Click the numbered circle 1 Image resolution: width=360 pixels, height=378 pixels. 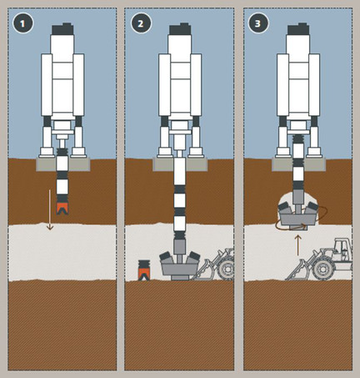pos(22,23)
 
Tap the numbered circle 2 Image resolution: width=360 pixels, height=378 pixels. pos(141,23)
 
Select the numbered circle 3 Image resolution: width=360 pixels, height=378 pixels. pos(258,23)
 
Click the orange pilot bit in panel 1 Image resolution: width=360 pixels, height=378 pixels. pos(62,209)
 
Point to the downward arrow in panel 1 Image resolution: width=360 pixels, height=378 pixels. pos(49,209)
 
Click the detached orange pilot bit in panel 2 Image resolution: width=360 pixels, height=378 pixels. pos(144,274)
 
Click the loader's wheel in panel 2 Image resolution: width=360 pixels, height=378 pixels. pos(227,270)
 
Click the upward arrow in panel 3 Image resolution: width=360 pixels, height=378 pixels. pos(297,245)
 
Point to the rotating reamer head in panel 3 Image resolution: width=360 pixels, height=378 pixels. pos(298,215)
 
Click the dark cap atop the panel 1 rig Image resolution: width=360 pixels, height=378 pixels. pos(62,29)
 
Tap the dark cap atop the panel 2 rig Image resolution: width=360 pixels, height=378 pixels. pos(180,29)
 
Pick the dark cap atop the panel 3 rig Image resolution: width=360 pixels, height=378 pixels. pos(298,29)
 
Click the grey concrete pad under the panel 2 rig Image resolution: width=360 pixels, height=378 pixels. pos(180,164)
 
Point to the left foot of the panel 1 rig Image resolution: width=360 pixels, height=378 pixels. pos(47,152)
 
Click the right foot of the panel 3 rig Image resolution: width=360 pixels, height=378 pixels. pos(314,152)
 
